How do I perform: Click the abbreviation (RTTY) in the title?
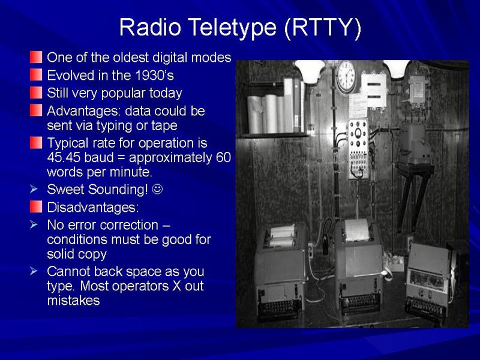[323, 28]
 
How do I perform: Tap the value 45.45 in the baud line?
[64, 157]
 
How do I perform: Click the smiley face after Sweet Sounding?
[157, 189]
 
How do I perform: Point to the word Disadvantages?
[93, 207]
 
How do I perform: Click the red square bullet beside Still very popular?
[36, 93]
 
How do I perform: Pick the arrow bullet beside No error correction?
[34, 224]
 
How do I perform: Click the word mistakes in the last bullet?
[73, 301]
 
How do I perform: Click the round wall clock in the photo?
[346, 76]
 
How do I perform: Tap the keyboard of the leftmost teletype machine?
[280, 308]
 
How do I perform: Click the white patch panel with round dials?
[358, 149]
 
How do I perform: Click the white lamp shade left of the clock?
[310, 71]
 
